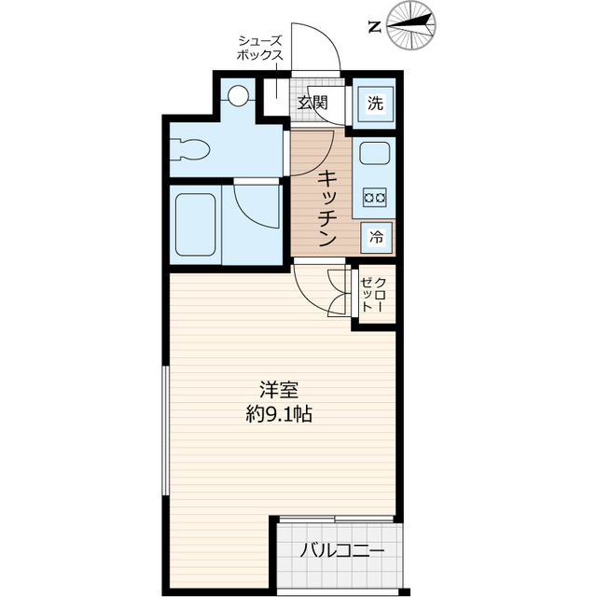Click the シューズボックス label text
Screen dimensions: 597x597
pyautogui.click(x=260, y=48)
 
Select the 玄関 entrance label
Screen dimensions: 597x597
pyautogui.click(x=312, y=103)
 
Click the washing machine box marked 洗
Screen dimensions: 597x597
pyautogui.click(x=374, y=104)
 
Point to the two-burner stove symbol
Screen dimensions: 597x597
pyautogui.click(x=376, y=197)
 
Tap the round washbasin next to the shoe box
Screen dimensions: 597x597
pyautogui.click(x=239, y=95)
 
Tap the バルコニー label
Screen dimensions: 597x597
pyautogui.click(x=341, y=550)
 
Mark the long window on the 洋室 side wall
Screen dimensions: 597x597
pyautogui.click(x=166, y=429)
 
